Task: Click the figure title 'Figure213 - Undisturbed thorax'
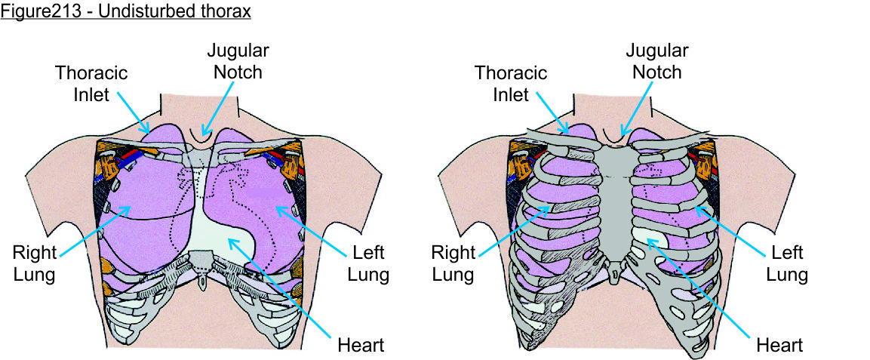(125, 11)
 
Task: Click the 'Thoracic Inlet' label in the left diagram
(91, 85)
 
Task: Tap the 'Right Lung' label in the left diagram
(34, 262)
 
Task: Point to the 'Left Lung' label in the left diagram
(368, 262)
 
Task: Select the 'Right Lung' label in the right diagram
(453, 262)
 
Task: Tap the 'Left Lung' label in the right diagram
(787, 262)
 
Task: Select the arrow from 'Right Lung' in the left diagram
(94, 230)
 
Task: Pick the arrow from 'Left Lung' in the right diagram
(736, 230)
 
